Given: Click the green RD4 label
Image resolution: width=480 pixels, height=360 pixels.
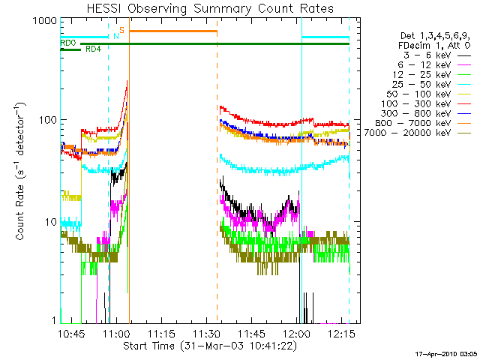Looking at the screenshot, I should coord(93,49).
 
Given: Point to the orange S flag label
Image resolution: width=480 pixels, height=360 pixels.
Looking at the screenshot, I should coord(121,29).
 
